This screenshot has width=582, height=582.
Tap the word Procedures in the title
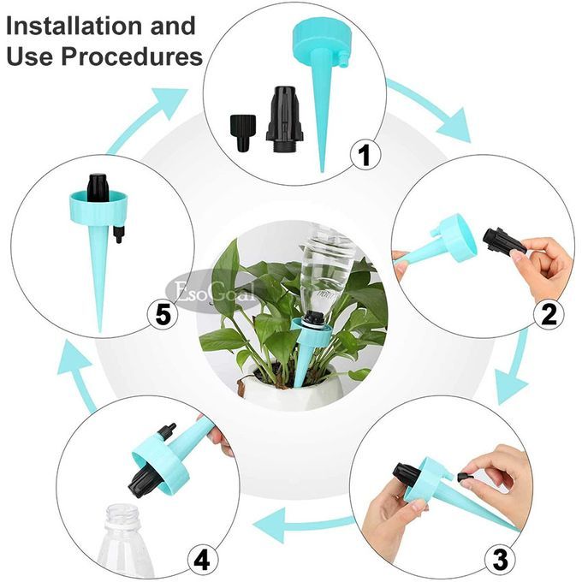pyautogui.click(x=132, y=56)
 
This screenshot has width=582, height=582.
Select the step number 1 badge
pyautogui.click(x=365, y=155)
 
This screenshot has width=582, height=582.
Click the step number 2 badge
pyautogui.click(x=549, y=314)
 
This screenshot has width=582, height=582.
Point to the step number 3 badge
pyautogui.click(x=501, y=559)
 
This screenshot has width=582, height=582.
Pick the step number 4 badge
pyautogui.click(x=203, y=560)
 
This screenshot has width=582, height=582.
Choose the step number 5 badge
pyautogui.click(x=163, y=315)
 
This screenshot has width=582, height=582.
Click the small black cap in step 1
pyautogui.click(x=243, y=133)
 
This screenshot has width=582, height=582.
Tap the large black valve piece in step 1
pyautogui.click(x=285, y=119)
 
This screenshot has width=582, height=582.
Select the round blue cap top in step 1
pyautogui.click(x=322, y=42)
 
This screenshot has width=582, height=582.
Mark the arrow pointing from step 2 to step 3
pyautogui.click(x=516, y=367)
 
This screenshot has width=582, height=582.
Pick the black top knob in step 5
pyautogui.click(x=98, y=187)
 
